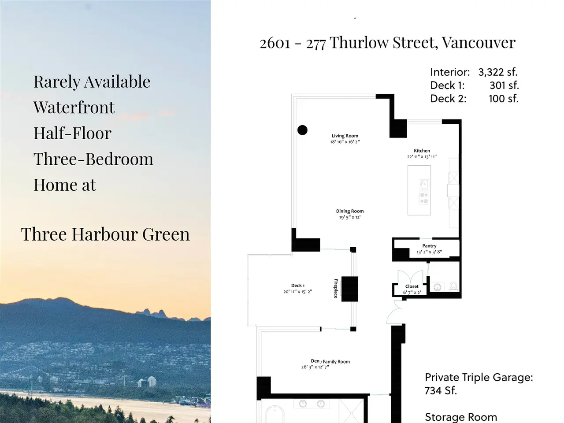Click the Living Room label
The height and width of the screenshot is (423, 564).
point(345,136)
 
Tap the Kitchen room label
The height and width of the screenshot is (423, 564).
point(422,151)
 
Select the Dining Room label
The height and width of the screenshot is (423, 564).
point(350,211)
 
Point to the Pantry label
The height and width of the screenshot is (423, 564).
point(429,246)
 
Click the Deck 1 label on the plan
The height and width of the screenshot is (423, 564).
point(298,286)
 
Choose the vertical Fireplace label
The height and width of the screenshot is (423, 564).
point(336,289)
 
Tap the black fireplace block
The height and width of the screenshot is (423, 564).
point(350,289)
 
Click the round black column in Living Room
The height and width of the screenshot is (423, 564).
point(302,130)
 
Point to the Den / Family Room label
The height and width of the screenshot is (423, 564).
point(330,361)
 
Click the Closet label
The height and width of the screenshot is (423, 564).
point(412,286)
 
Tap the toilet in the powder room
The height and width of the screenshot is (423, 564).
point(453,286)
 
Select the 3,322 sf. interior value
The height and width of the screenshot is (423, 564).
point(498,72)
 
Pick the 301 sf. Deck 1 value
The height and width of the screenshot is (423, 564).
point(504,85)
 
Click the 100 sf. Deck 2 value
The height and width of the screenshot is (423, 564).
point(503,99)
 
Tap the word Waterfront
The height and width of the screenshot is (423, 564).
point(74,108)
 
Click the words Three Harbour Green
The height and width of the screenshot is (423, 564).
point(105,234)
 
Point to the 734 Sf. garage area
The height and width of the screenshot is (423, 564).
point(441,391)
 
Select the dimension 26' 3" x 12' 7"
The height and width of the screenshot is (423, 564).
point(315,367)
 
